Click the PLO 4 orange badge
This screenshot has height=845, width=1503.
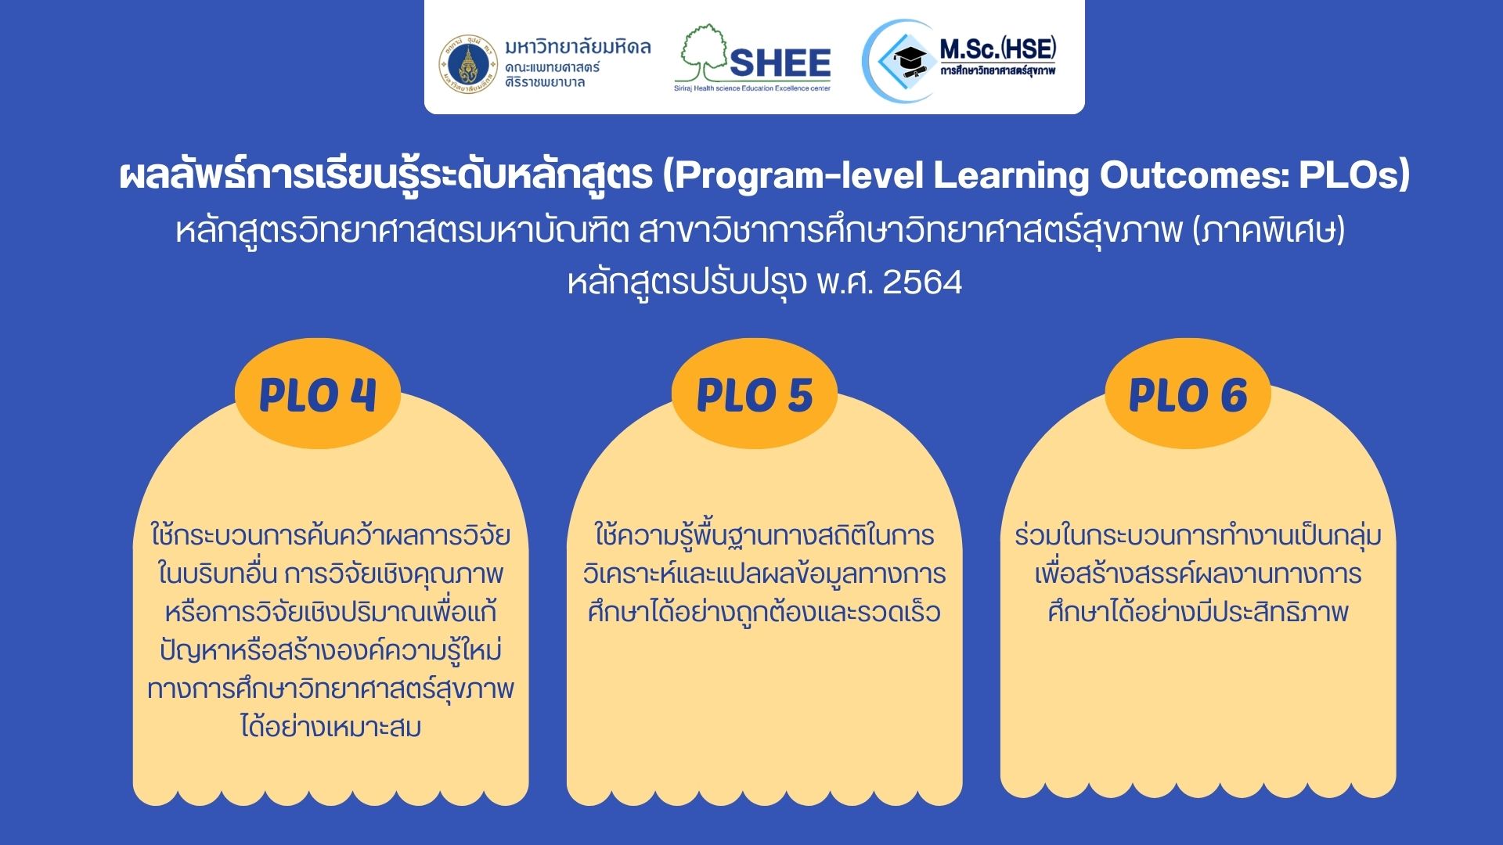pos(318,394)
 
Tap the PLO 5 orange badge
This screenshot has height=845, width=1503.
pos(755,394)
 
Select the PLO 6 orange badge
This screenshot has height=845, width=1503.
pos(1188,394)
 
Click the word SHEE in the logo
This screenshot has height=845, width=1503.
pos(780,63)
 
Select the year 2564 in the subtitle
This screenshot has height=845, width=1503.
pos(922,282)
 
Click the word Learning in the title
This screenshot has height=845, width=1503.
pos(1011,176)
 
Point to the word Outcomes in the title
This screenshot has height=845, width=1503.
pos(1193,175)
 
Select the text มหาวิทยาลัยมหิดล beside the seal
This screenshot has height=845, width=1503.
pos(578,46)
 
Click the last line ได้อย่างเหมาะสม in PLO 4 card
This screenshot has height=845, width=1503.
pos(331,727)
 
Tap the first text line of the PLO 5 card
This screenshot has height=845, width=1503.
pos(764,535)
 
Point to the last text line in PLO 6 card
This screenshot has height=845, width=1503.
pos(1198,611)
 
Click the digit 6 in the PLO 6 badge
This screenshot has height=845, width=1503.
pos(1234,395)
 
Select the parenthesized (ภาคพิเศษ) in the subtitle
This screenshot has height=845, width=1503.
pos(1269,232)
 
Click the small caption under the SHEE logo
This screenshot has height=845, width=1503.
pos(752,88)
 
